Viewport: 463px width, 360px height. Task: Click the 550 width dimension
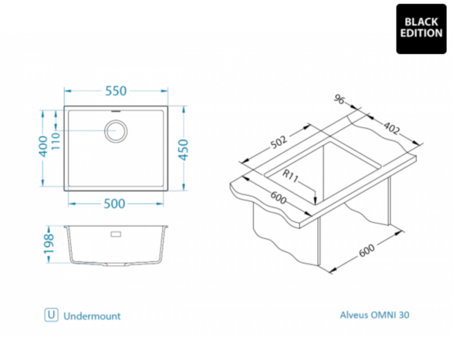click(x=115, y=91)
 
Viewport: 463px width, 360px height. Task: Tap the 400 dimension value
click(x=43, y=145)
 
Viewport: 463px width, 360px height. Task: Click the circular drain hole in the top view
click(x=117, y=130)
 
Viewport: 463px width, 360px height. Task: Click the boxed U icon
click(x=52, y=315)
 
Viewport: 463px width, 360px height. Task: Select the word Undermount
click(x=92, y=315)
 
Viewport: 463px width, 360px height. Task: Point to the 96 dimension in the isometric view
click(x=339, y=99)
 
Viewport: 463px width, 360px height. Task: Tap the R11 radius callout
click(x=290, y=176)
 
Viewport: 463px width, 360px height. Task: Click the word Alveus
click(x=355, y=315)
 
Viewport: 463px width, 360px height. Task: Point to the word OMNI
click(x=387, y=315)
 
